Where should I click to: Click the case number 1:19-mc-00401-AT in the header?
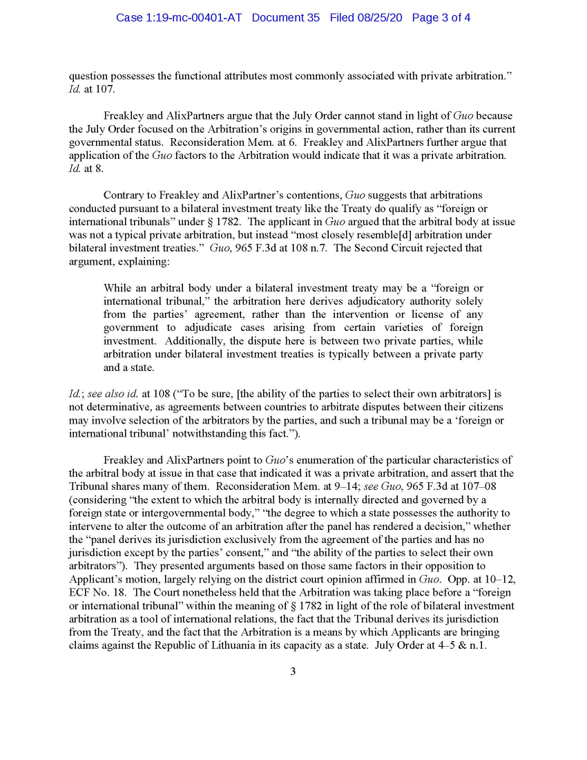(x=179, y=17)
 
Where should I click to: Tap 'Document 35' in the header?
(x=286, y=17)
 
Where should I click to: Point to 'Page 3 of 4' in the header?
(x=441, y=17)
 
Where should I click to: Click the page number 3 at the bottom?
(x=293, y=671)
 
